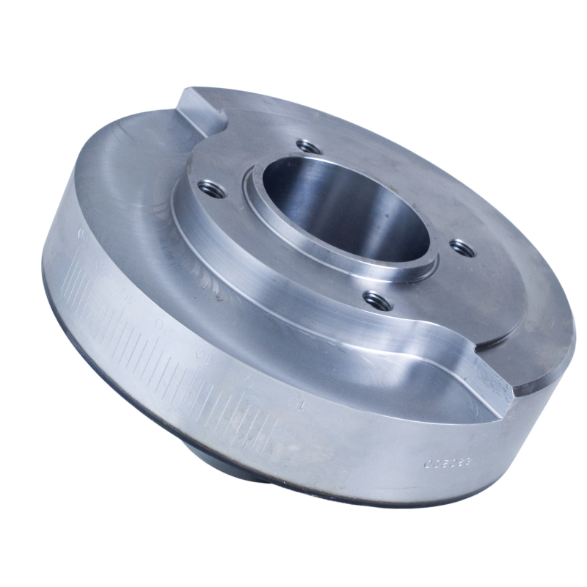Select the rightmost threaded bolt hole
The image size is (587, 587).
461,247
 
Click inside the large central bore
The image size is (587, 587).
345,213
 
